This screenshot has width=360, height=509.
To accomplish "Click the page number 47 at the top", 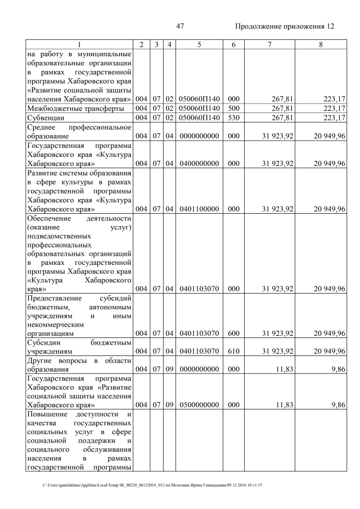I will coord(180,26).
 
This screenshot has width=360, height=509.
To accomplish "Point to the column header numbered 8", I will coord(321,44).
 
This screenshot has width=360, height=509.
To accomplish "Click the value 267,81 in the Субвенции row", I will coord(282,117).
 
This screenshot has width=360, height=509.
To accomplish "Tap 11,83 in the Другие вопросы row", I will coord(285,370).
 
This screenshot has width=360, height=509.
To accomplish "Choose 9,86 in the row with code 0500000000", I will coord(337,404).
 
